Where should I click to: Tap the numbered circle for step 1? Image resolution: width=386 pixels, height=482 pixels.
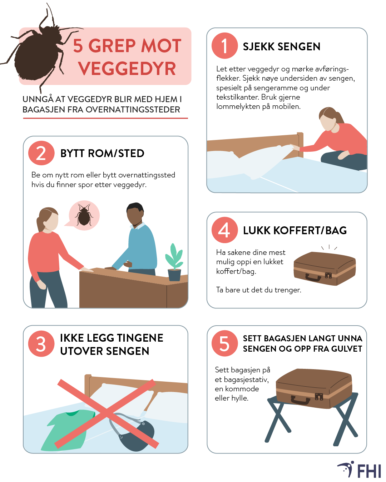[x=224, y=46]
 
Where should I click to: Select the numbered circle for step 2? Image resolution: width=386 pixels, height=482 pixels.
[x=41, y=153]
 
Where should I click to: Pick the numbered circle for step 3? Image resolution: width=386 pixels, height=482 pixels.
[x=41, y=343]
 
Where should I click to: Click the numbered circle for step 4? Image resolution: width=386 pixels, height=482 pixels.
[x=224, y=230]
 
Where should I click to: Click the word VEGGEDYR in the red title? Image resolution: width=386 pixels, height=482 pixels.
[x=127, y=69]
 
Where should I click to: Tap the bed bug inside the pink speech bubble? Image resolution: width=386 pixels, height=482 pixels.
[x=84, y=214]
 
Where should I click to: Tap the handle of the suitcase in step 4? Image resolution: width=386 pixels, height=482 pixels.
[x=313, y=278]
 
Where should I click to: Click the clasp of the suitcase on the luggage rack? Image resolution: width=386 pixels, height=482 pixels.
[x=319, y=397]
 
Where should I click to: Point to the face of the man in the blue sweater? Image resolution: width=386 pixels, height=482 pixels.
[x=134, y=216]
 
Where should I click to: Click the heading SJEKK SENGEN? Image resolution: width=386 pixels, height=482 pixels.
[x=282, y=46]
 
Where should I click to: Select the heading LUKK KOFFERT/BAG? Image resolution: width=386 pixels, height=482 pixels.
[x=295, y=231]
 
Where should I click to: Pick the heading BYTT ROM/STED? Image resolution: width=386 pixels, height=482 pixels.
[x=102, y=154]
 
